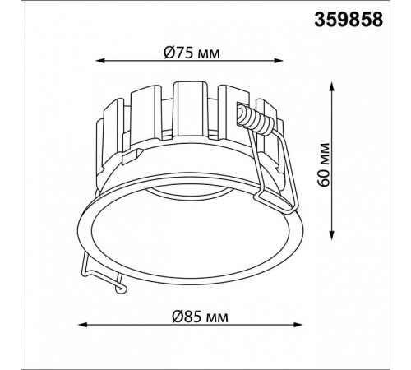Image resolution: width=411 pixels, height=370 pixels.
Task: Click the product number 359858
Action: click(349, 20)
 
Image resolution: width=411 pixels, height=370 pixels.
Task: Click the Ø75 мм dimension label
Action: click(192, 53)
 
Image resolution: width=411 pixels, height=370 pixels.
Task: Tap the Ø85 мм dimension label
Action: click(200, 317)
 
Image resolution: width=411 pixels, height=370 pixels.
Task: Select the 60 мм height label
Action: click(324, 164)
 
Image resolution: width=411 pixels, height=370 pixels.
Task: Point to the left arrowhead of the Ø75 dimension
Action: click(99, 61)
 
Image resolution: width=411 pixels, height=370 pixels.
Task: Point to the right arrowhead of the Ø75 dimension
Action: click(278, 61)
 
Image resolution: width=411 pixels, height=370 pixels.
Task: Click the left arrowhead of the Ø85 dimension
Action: click(83, 325)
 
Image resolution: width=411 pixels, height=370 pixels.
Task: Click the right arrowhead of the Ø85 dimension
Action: click(298, 325)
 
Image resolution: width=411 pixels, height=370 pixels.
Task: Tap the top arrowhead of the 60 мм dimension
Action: click(332, 86)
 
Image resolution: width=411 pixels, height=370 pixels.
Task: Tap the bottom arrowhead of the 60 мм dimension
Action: click(332, 236)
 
